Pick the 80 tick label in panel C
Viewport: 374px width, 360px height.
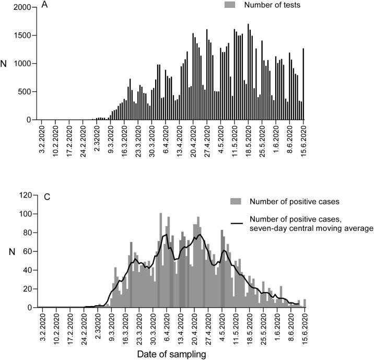[29, 233]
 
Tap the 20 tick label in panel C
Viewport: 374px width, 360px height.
[29, 289]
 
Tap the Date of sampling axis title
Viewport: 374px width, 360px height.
[173, 354]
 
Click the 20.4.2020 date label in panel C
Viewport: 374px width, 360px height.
[194, 326]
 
